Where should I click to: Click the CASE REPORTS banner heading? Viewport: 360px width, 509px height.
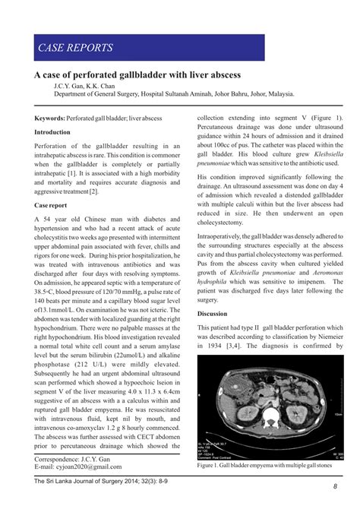(76, 49)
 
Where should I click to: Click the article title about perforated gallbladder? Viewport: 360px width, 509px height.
(137, 76)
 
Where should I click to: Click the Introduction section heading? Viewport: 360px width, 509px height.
(52, 132)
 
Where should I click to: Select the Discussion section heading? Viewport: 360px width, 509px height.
(213, 314)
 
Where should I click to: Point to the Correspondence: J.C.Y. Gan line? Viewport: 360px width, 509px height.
(73, 460)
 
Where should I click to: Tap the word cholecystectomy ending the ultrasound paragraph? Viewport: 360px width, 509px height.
(226, 224)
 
